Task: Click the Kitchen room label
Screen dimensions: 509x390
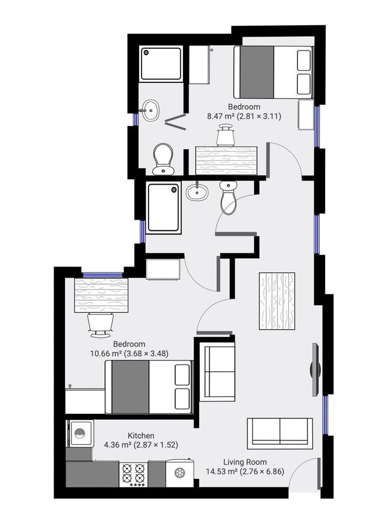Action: click(x=141, y=436)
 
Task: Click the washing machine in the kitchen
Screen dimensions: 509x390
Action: click(x=81, y=433)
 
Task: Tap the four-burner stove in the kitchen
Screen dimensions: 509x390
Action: click(x=134, y=474)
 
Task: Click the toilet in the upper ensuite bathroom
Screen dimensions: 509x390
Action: click(x=163, y=158)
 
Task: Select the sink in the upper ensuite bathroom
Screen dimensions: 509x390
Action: click(x=150, y=110)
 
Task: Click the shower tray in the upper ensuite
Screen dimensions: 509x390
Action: click(x=161, y=64)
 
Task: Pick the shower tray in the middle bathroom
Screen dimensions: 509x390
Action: click(x=164, y=208)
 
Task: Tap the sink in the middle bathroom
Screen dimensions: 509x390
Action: click(x=197, y=192)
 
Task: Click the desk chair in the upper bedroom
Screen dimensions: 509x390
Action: click(x=226, y=135)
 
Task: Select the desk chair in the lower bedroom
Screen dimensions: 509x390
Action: click(x=100, y=324)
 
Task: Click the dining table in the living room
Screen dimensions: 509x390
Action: click(x=277, y=301)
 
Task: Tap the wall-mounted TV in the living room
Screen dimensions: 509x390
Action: click(x=315, y=369)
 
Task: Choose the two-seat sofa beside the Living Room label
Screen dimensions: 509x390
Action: click(x=280, y=433)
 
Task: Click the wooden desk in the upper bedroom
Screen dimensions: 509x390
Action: click(x=226, y=160)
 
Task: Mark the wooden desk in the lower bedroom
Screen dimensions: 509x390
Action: click(x=101, y=295)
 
